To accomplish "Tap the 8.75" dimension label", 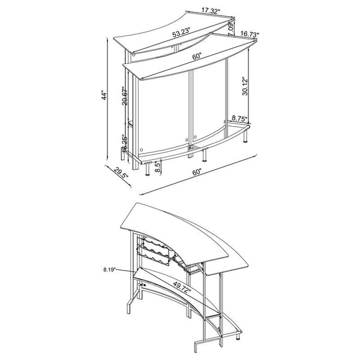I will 240,119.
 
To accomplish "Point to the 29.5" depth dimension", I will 120,175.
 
